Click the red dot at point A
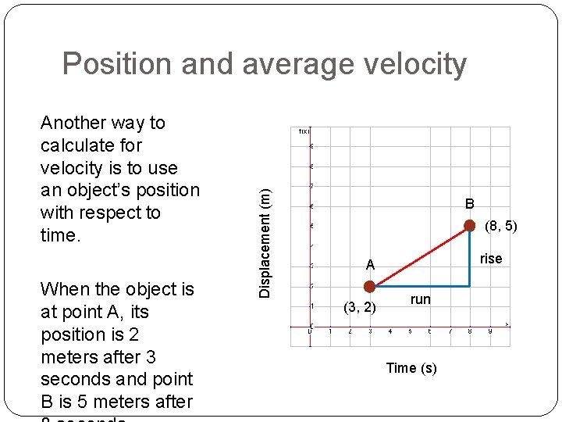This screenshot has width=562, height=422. coord(370,287)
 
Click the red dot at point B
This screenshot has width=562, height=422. coord(470,226)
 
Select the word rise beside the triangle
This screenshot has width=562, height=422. coord(491,259)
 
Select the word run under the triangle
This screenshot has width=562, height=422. coord(420,299)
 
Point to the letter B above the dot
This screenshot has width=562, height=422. coord(470,204)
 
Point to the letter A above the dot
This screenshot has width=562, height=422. coord(371,266)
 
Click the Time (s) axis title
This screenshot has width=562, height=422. coord(411,368)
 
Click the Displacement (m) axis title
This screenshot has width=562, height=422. coord(266,234)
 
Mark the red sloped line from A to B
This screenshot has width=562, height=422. coord(420,256)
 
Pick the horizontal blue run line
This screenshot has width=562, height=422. coord(421,287)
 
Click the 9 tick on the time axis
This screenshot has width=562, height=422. coord(490,332)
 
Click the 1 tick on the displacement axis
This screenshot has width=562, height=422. coord(311,306)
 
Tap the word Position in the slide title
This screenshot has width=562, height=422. coord(118,64)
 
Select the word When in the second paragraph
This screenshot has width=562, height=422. coord(65,289)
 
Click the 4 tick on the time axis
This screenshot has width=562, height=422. coord(390,332)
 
